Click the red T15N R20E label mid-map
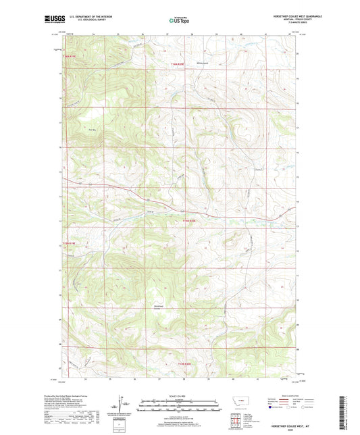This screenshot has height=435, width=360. [192, 220]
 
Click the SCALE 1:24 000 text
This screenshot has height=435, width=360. [180, 395]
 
